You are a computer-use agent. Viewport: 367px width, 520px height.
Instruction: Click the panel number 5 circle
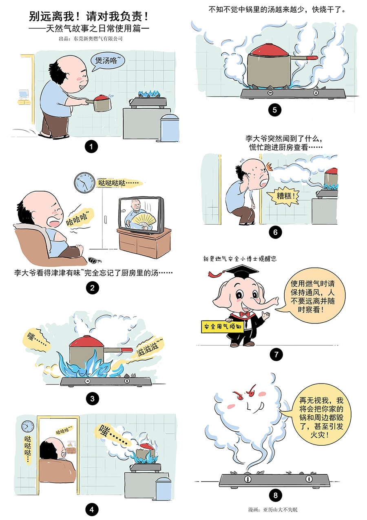[x=274, y=110]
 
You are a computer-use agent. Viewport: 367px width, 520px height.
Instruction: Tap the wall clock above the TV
[x=84, y=183]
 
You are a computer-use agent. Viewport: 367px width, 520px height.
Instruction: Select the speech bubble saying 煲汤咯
[x=107, y=61]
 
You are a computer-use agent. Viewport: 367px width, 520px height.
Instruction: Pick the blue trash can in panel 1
[x=169, y=128]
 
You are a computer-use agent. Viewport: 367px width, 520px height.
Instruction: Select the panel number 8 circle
[x=275, y=495]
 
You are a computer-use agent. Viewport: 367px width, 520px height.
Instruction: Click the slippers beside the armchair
[x=95, y=260]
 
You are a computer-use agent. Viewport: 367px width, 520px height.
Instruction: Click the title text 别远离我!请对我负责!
[x=89, y=17]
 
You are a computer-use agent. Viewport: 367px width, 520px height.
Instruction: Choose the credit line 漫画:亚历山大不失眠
[x=273, y=509]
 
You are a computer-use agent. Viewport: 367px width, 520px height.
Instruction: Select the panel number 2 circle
[x=92, y=288]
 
